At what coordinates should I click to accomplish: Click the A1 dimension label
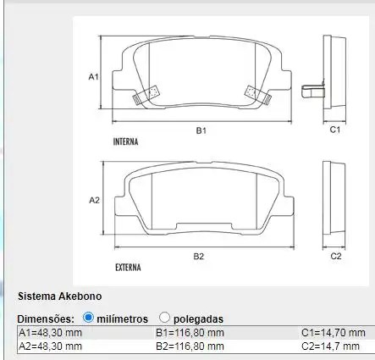(x=95, y=76)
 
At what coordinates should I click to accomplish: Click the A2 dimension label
(x=95, y=200)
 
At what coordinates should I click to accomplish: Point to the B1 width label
(x=201, y=130)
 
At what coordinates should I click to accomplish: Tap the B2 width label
(x=199, y=255)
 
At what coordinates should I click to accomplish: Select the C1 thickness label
(x=334, y=130)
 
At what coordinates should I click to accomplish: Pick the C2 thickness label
(x=335, y=255)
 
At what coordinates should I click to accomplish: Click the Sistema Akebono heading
(x=60, y=296)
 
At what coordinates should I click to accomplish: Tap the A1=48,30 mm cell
(x=50, y=333)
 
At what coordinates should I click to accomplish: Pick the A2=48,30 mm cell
(x=50, y=346)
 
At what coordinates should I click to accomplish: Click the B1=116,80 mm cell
(x=190, y=333)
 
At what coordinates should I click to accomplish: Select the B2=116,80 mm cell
(x=190, y=346)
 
